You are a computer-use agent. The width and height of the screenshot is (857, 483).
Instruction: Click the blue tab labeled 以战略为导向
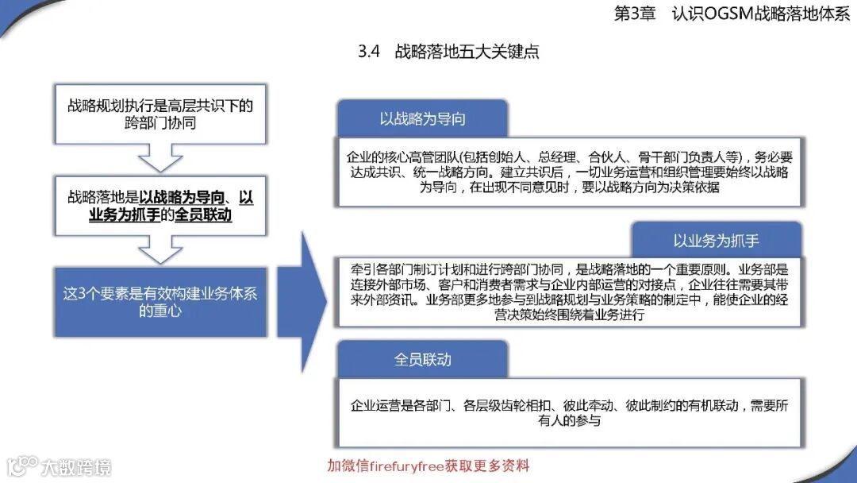point(422,119)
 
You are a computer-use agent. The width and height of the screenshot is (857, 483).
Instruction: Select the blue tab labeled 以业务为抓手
point(716,241)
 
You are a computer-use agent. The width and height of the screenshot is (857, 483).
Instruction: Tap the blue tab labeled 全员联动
point(422,359)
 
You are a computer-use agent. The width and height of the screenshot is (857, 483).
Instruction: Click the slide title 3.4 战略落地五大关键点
point(448,52)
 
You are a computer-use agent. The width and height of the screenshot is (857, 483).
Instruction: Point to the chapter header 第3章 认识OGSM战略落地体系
point(732,14)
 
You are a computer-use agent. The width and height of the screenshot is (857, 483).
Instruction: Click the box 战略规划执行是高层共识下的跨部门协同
point(160,114)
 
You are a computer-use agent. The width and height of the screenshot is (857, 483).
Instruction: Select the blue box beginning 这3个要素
point(160,302)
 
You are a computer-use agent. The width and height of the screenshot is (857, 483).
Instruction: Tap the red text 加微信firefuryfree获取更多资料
point(428,466)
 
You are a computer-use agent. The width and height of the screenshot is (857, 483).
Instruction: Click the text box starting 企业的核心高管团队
point(569,172)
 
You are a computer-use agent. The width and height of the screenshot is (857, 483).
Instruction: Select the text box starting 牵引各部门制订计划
point(569,291)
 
